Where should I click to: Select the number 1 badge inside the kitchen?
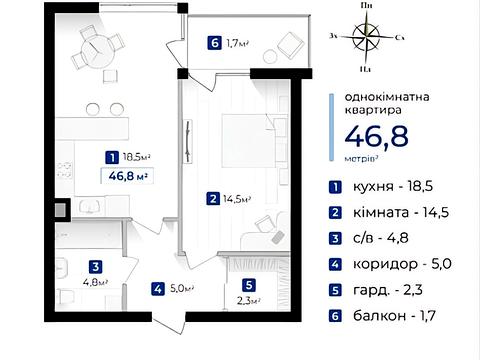[110, 157]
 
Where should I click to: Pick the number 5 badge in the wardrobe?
[248, 284]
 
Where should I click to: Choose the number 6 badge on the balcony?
[213, 42]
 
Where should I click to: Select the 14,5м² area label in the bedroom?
[238, 199]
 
